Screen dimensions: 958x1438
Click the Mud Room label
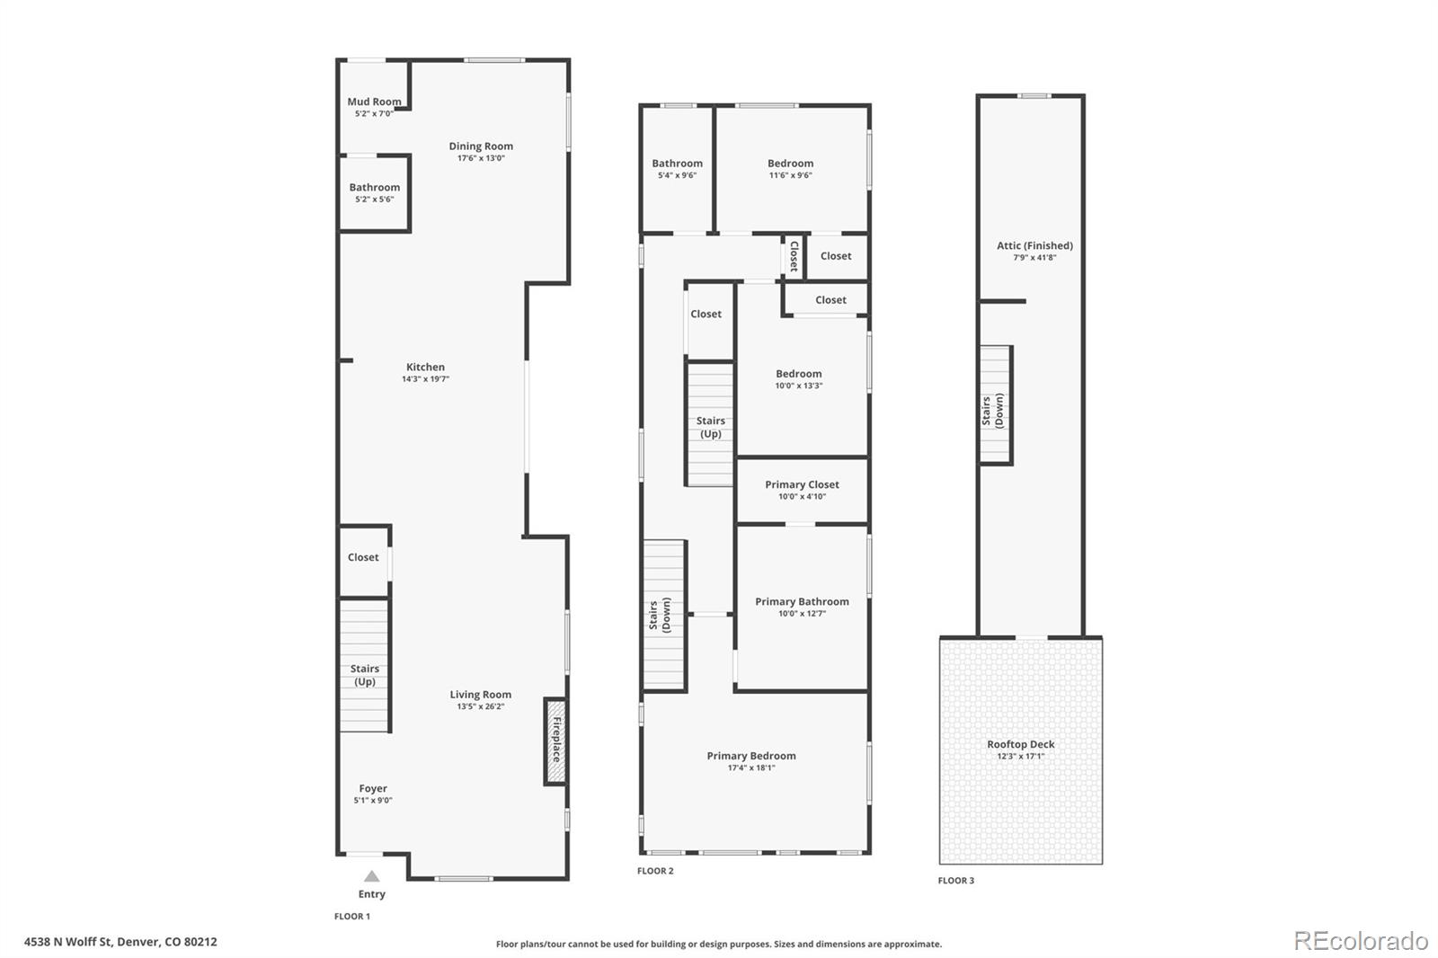374,102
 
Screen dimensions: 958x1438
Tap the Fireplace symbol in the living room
555,741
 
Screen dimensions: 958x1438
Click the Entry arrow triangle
371,876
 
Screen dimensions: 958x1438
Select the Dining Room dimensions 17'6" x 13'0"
481,158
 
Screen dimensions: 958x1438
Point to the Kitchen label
425,367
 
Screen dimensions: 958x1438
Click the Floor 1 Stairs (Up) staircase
364,665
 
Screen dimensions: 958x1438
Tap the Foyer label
373,788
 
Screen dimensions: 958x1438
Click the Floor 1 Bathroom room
375,193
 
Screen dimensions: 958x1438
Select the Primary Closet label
802,484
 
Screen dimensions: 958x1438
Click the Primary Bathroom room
802,607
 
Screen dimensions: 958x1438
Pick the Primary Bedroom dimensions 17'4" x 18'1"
751,767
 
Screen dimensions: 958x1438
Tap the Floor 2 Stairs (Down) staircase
664,616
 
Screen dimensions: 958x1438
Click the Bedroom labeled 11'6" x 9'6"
790,169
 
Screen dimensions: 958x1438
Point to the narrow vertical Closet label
794,257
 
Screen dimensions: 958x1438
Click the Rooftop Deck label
1020,744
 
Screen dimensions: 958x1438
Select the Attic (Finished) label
1034,245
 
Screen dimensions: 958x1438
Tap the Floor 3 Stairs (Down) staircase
995,406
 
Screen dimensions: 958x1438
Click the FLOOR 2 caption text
655,871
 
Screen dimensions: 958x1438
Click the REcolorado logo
1361,941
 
